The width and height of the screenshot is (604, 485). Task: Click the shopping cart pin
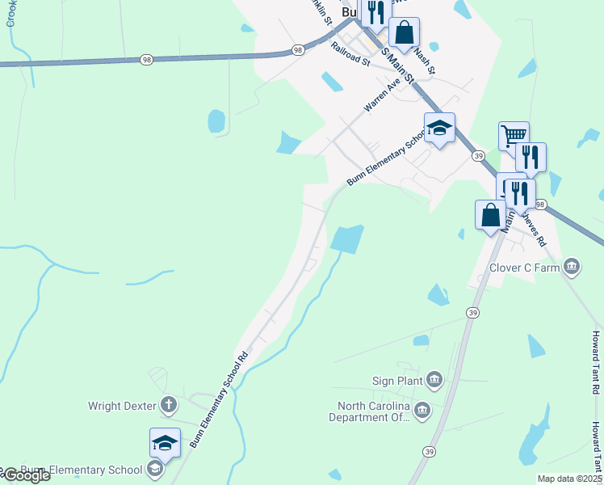tap(513, 135)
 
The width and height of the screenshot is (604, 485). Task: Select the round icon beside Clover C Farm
tap(572, 266)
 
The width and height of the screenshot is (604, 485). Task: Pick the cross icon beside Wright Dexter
tap(169, 404)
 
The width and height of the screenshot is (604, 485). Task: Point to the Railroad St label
tap(350, 55)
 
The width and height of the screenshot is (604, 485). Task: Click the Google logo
tap(26, 475)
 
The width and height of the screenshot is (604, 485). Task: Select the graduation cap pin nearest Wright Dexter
tap(165, 443)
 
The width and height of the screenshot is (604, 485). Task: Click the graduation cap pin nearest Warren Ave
tap(439, 128)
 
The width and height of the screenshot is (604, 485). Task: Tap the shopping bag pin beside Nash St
tap(405, 33)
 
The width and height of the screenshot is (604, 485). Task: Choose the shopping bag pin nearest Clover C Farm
tap(490, 215)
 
